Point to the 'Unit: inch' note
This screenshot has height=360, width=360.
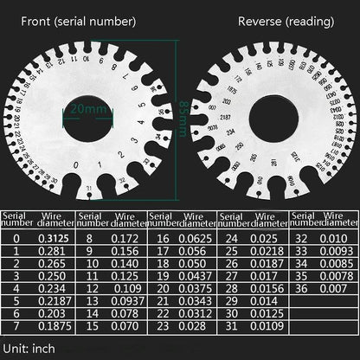[x=29, y=347]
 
